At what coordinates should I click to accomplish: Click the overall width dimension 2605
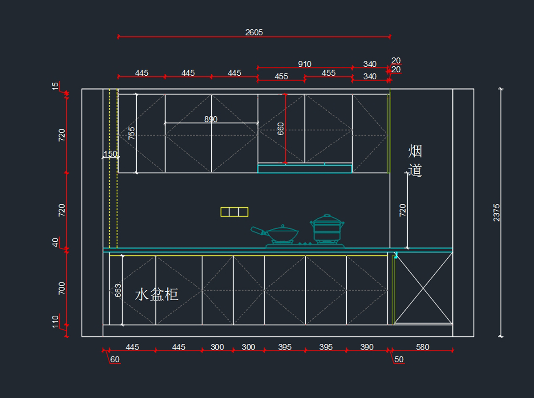(x=254, y=32)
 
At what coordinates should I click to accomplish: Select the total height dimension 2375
(x=497, y=212)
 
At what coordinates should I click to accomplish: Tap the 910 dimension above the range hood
(x=304, y=64)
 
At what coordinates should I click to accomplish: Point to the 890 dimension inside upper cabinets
(x=211, y=119)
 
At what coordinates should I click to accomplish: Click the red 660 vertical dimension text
(x=280, y=129)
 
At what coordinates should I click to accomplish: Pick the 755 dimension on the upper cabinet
(x=131, y=133)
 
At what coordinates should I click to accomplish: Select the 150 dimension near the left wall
(x=110, y=154)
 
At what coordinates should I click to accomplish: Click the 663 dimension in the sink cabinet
(x=118, y=290)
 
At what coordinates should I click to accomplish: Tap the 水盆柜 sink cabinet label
(x=157, y=294)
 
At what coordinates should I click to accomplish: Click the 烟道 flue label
(x=415, y=161)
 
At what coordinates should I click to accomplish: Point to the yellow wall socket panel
(x=234, y=212)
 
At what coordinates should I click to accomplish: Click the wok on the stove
(x=280, y=234)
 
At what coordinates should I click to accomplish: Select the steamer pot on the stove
(x=328, y=229)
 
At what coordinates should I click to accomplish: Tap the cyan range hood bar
(x=305, y=169)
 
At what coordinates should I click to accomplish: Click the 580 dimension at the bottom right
(x=422, y=347)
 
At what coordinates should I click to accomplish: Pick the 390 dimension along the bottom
(x=367, y=347)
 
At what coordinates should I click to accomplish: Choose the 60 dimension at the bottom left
(x=115, y=359)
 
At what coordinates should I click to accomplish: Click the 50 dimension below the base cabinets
(x=399, y=359)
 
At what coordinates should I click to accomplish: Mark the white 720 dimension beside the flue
(x=403, y=210)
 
